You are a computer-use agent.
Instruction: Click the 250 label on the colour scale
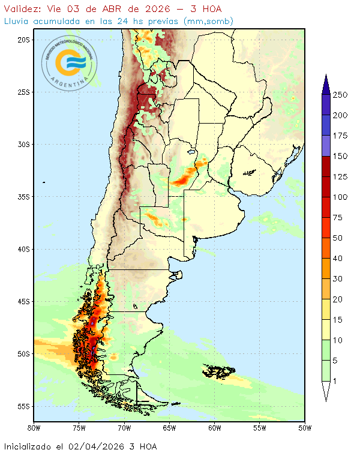click(340, 95)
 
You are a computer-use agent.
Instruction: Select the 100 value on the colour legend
click(340, 197)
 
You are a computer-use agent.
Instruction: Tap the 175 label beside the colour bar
click(340, 136)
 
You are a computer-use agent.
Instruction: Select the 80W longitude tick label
click(34, 428)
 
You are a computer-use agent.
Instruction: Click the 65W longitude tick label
click(169, 428)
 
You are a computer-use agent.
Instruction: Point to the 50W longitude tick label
click(305, 428)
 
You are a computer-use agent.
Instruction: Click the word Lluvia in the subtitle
click(17, 21)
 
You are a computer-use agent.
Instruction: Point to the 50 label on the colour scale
click(338, 238)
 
